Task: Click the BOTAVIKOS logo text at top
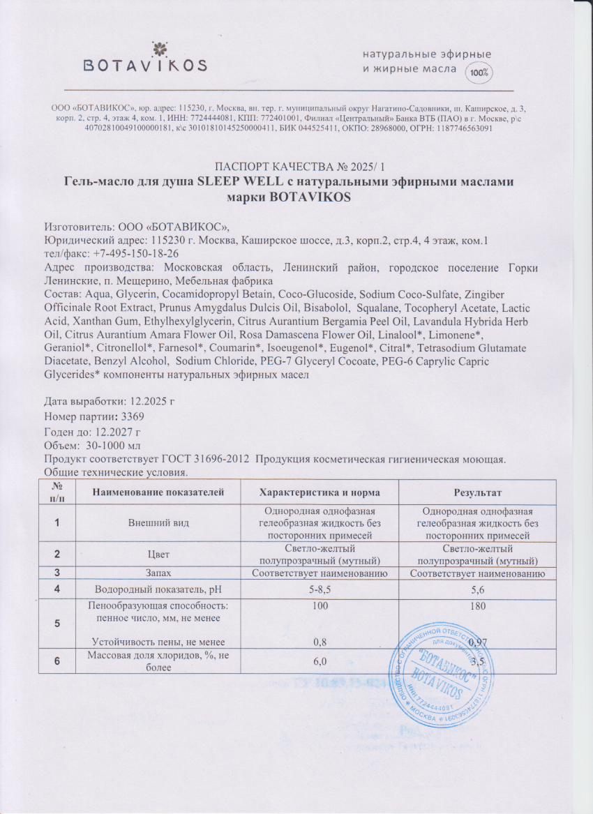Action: tap(145, 66)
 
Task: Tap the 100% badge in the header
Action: tap(479, 71)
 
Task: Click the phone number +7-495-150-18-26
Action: tap(130, 255)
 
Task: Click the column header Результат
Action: tap(478, 493)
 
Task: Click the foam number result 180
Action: tap(478, 607)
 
